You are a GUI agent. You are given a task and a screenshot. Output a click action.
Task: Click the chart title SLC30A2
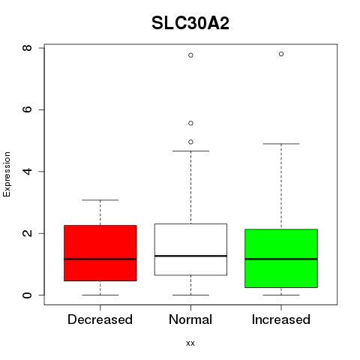click(x=190, y=23)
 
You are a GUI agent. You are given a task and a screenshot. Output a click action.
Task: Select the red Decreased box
click(x=100, y=253)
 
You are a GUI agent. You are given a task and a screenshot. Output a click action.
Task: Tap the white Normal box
click(x=190, y=250)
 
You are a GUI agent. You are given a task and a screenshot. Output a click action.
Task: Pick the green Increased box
click(x=281, y=258)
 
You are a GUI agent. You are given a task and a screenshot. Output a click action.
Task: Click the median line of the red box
click(x=100, y=259)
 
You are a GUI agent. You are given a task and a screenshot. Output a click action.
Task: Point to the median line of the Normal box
click(x=190, y=256)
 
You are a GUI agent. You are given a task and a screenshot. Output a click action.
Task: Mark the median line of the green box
click(x=281, y=259)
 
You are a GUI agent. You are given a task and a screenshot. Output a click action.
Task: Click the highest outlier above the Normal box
click(x=190, y=55)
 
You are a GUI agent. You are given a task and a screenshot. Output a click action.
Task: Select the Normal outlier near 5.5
click(x=190, y=123)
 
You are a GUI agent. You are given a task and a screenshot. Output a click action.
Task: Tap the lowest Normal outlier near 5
click(x=190, y=142)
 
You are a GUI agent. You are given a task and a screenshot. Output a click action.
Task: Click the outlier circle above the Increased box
click(x=281, y=54)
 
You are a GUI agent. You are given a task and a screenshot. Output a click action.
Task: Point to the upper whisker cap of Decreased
click(x=100, y=200)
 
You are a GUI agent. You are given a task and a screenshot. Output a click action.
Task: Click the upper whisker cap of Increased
click(x=281, y=144)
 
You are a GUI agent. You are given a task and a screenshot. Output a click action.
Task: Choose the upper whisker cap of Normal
click(x=190, y=151)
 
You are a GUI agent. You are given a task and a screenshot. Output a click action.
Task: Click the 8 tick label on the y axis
click(x=27, y=48)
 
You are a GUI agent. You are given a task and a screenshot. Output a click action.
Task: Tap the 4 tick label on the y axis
click(x=27, y=171)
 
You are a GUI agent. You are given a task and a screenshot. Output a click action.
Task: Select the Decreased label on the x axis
click(x=100, y=319)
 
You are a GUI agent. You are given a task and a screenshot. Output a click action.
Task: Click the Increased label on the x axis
click(x=281, y=319)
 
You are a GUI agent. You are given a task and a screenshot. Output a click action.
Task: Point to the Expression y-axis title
click(x=7, y=174)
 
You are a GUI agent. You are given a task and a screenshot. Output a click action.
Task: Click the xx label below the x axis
click(x=190, y=343)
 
